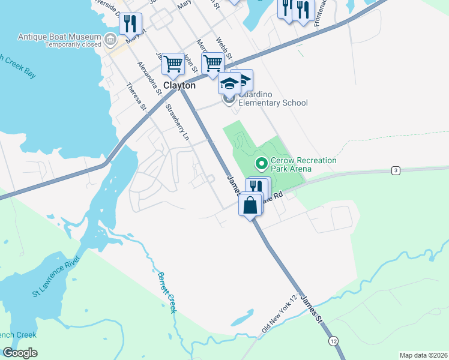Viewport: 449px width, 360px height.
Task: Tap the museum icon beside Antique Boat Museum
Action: (110, 40)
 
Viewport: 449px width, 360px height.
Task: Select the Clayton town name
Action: (179, 86)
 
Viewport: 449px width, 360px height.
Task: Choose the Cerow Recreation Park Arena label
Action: (303, 164)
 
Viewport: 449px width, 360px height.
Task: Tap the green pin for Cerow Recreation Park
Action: (261, 163)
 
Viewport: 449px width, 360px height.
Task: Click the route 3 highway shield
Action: (395, 171)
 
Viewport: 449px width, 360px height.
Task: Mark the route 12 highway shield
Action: (333, 341)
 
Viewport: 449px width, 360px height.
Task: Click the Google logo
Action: (20, 353)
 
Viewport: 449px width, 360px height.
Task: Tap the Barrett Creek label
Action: (167, 292)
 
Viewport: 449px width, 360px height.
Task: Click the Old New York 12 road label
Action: (280, 315)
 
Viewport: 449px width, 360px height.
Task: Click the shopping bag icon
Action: (250, 205)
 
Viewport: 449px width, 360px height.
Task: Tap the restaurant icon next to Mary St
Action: (130, 24)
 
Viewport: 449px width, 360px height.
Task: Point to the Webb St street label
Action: (223, 48)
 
